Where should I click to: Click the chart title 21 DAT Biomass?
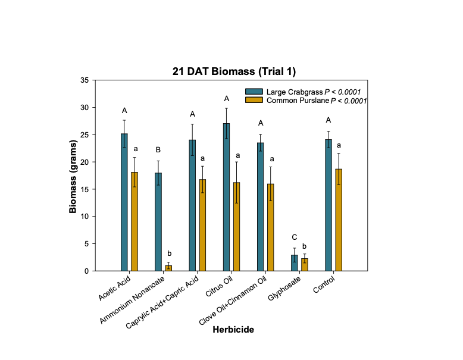pos(231,71)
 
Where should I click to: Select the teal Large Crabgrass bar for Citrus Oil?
pos(227,196)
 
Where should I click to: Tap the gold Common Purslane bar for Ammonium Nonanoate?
pos(168,268)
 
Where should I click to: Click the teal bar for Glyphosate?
pos(295,263)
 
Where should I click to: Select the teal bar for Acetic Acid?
pos(124,202)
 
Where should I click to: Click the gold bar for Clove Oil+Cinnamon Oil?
pos(271,227)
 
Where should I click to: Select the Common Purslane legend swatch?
pos(254,101)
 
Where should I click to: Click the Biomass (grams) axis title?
pos(73,175)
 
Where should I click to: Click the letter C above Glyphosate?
pos(294,237)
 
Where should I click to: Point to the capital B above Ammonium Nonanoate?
pos(158,149)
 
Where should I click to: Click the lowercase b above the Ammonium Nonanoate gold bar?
pos(169,253)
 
